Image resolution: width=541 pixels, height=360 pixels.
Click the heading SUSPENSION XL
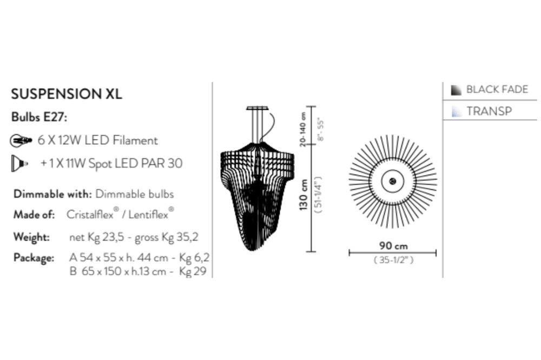pyautogui.click(x=67, y=94)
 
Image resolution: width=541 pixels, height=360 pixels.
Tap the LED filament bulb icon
pyautogui.click(x=21, y=141)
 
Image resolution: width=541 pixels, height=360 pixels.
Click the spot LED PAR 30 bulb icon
pyautogui.click(x=19, y=163)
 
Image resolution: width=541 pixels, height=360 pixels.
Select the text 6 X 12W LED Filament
pyautogui.click(x=97, y=141)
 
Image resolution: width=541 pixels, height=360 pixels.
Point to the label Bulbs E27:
pyautogui.click(x=39, y=117)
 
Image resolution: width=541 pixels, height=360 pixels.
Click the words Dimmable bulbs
pyautogui.click(x=135, y=194)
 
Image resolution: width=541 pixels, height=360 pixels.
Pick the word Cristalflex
pyautogui.click(x=90, y=215)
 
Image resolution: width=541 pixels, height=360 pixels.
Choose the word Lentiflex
pyautogui.click(x=148, y=215)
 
